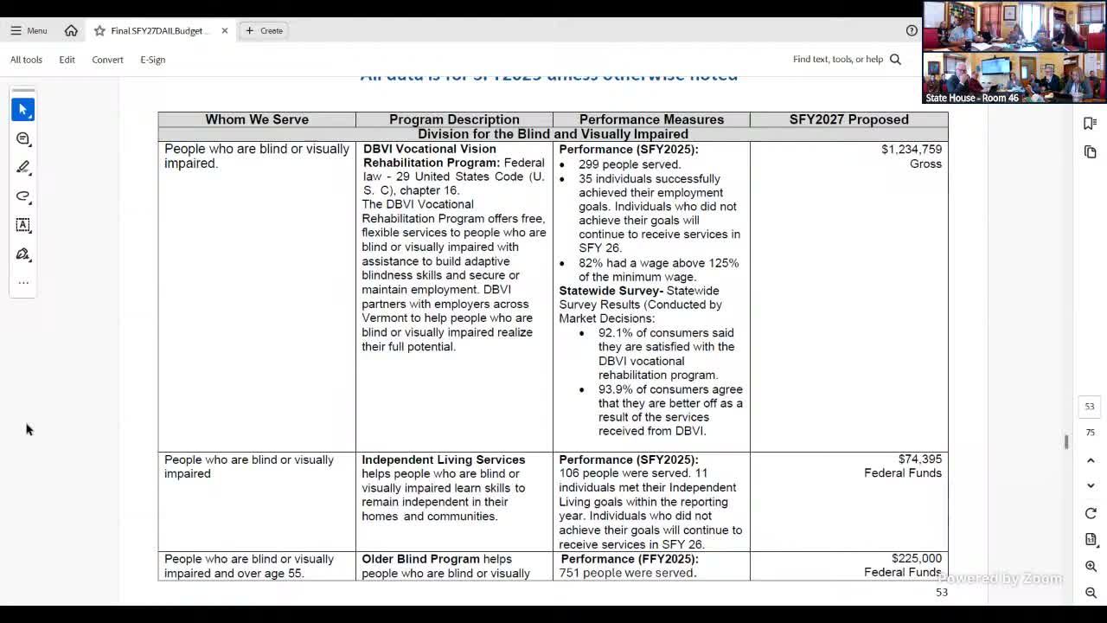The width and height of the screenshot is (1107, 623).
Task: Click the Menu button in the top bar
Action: point(29,30)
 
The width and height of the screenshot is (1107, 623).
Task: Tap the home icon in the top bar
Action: point(71,30)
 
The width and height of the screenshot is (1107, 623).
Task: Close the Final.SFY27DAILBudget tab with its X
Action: point(225,30)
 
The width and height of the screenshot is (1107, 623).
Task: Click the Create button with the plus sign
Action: point(264,30)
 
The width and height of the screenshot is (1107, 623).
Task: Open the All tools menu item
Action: point(26,60)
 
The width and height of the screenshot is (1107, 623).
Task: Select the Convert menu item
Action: point(107,60)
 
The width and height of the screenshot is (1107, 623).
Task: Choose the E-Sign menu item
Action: point(152,60)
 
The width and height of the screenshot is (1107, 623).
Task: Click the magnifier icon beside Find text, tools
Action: point(895,60)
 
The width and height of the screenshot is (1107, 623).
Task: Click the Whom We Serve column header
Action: point(257,119)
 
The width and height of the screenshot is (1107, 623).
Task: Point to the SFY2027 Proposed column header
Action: point(848,119)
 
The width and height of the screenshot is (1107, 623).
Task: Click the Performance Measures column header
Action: point(651,119)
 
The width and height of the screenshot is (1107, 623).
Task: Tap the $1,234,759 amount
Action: point(912,150)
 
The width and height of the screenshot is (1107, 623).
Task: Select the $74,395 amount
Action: point(920,459)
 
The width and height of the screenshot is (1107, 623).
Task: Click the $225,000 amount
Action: point(917,559)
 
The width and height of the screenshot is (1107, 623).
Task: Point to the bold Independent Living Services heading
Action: point(443,459)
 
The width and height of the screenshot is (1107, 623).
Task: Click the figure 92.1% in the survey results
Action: point(614,333)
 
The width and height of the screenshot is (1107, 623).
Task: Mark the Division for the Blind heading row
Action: point(553,134)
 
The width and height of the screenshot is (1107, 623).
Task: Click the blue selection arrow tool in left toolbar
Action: point(23,110)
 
